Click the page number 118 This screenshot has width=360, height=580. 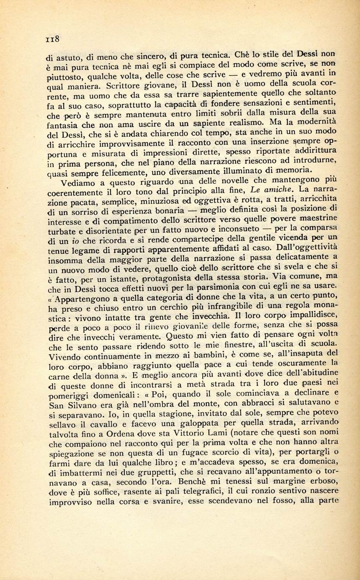tap(53, 39)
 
